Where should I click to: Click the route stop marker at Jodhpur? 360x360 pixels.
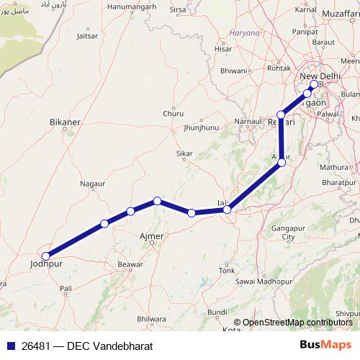(x=46, y=256)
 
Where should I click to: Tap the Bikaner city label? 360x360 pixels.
(x=64, y=123)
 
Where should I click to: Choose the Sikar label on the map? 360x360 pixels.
(x=185, y=153)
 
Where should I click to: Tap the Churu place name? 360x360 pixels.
(x=173, y=114)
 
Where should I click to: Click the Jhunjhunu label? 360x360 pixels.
(x=201, y=127)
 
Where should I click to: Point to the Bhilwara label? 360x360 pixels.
(x=150, y=318)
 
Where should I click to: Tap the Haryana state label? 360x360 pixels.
(x=243, y=33)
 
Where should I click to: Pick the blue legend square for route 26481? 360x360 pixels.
(x=9, y=346)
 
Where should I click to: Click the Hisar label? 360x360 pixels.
(x=224, y=49)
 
